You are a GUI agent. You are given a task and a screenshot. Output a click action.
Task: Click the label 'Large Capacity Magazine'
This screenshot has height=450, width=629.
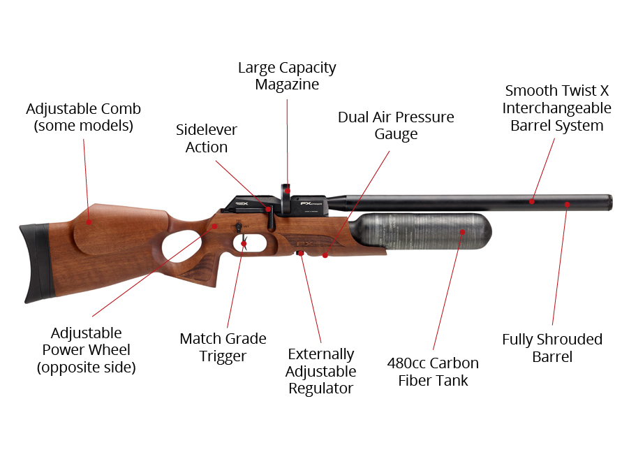(x=287, y=76)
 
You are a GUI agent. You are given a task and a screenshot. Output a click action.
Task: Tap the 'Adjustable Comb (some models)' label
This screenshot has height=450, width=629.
(x=84, y=117)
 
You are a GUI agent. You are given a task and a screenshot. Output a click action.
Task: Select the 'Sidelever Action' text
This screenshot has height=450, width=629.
(x=206, y=138)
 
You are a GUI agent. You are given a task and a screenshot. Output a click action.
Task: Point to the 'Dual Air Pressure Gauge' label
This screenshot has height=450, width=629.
(x=396, y=125)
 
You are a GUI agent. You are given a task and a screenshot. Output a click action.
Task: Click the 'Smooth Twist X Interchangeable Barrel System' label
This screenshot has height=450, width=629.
(x=557, y=108)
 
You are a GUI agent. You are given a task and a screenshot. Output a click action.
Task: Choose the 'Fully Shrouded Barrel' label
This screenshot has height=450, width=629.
(x=552, y=348)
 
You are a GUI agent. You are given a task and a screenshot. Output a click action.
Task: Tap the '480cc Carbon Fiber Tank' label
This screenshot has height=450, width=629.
(x=433, y=372)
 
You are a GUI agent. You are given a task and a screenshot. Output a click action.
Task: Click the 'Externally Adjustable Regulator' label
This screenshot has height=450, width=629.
(x=320, y=371)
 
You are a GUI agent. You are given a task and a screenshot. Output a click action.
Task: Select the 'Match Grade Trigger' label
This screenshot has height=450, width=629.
(x=223, y=347)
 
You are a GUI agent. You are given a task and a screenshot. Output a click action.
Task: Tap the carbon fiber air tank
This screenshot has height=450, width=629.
(x=421, y=231)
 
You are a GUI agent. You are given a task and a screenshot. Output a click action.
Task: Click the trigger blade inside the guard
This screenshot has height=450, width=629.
(x=244, y=245)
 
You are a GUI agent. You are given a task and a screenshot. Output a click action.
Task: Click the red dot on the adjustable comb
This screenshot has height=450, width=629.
(x=89, y=222)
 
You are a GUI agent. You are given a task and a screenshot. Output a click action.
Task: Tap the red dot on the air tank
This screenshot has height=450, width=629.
(x=463, y=232)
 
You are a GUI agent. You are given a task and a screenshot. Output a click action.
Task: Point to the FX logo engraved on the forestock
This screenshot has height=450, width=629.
(x=304, y=244)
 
